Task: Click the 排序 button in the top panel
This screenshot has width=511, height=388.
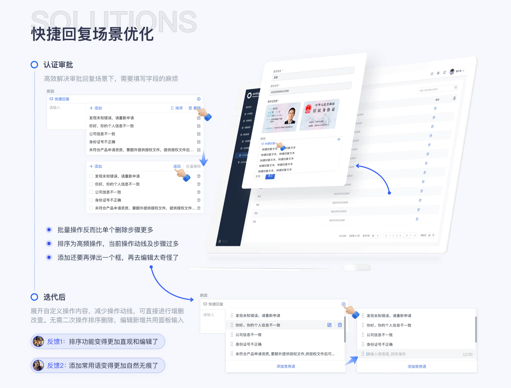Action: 177,108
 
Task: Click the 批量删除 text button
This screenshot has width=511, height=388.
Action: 193,166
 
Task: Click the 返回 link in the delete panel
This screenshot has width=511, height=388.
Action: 177,166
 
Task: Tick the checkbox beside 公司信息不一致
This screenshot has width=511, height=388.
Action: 91,192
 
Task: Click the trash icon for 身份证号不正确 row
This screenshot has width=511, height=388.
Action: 199,200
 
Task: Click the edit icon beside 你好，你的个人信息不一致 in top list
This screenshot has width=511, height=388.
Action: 199,126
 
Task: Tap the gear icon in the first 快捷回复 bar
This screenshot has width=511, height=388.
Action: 199,99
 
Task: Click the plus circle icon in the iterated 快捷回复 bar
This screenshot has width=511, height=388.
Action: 344,304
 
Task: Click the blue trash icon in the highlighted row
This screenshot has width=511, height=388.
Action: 340,325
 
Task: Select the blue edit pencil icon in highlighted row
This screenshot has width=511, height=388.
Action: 329,325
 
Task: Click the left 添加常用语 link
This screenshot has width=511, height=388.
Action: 286,366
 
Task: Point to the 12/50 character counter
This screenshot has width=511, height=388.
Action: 467,354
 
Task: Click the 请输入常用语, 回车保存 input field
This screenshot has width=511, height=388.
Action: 399,354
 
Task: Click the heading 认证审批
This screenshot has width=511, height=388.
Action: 58,65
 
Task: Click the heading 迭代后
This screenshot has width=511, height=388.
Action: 55,297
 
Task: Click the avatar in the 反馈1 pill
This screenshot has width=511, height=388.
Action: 38,341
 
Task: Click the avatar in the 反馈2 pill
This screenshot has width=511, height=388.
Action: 38,365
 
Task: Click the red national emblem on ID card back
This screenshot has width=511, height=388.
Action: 308,108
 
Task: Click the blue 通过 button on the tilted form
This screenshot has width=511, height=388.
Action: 270,176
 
